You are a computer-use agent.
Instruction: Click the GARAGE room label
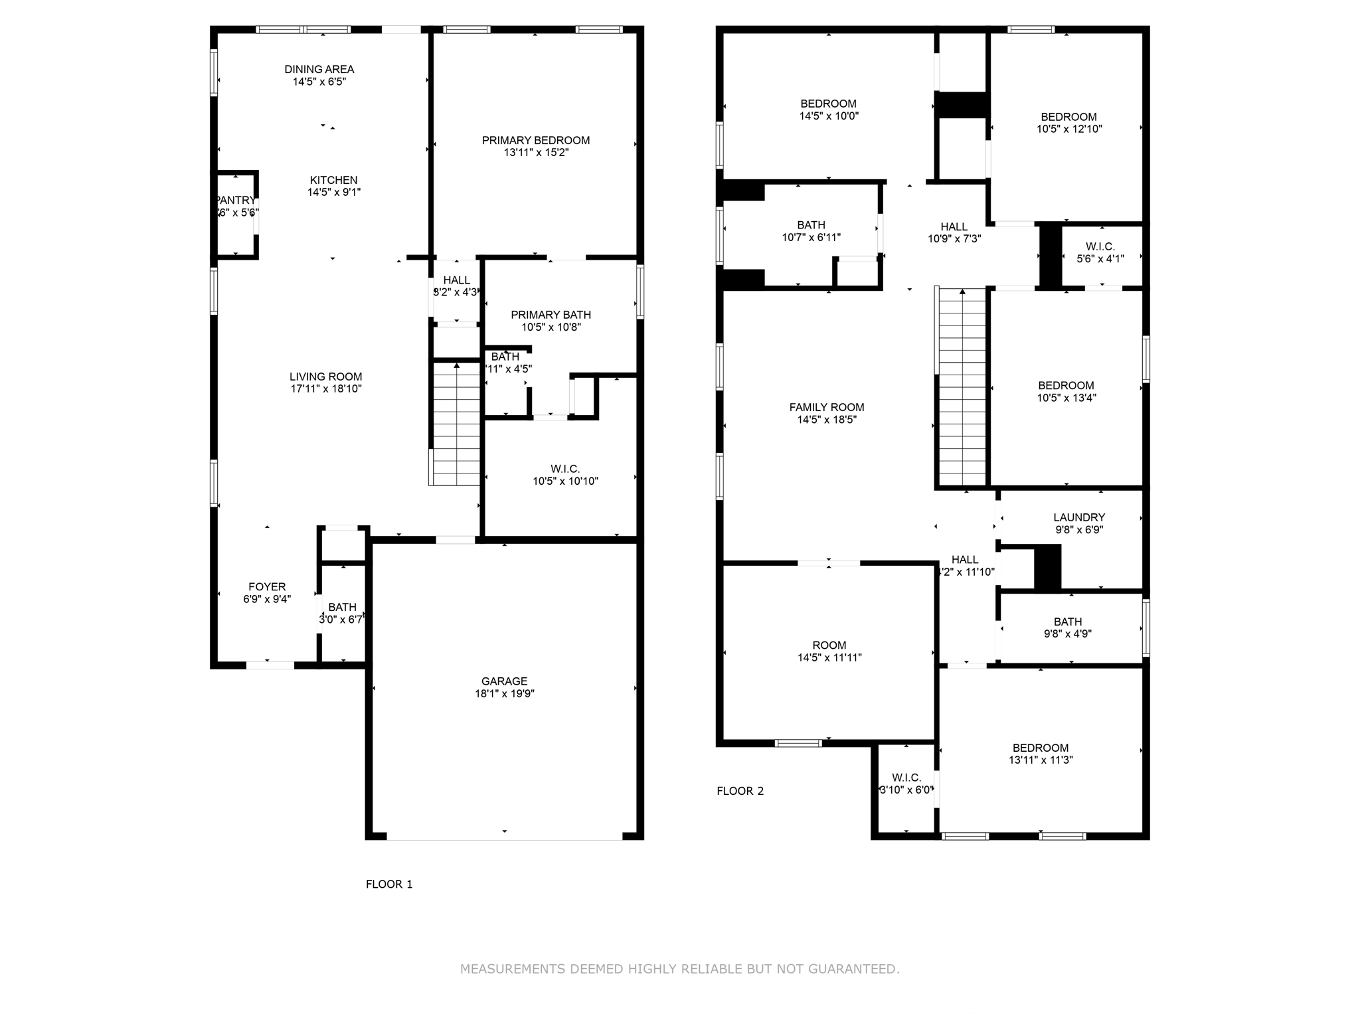[x=504, y=681]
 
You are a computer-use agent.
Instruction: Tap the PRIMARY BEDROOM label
[x=535, y=140]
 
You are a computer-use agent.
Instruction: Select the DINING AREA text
[x=319, y=69]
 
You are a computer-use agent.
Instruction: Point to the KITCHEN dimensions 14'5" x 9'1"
[x=333, y=193]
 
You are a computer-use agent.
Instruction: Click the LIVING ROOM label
[x=325, y=377]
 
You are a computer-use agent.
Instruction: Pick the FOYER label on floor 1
[x=267, y=586]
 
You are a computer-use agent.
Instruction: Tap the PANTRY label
[x=236, y=200]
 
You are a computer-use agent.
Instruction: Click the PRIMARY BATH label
[x=551, y=315]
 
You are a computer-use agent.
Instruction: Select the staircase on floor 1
[x=456, y=425]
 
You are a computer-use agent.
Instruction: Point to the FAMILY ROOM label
[x=826, y=407]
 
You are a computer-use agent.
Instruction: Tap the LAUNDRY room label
[x=1078, y=517]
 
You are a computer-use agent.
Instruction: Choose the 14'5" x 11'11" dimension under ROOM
[x=829, y=658]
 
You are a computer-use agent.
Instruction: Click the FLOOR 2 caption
[x=740, y=791]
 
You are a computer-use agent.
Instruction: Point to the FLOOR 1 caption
[x=389, y=884]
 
